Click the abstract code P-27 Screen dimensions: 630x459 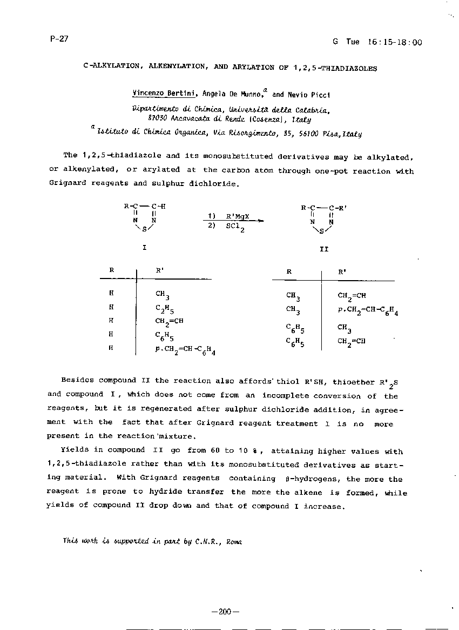pos(55,39)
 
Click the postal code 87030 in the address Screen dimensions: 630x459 pos(158,118)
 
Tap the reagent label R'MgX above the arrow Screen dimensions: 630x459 pos(236,216)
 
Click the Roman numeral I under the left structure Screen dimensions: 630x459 pos(144,248)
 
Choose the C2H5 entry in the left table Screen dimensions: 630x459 pos(164,309)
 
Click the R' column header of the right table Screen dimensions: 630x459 pos(342,273)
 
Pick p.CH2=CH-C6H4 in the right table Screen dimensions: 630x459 pos(368,311)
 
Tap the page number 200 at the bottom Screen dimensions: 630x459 pos(225,612)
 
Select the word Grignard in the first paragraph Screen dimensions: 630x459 pos(67,183)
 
